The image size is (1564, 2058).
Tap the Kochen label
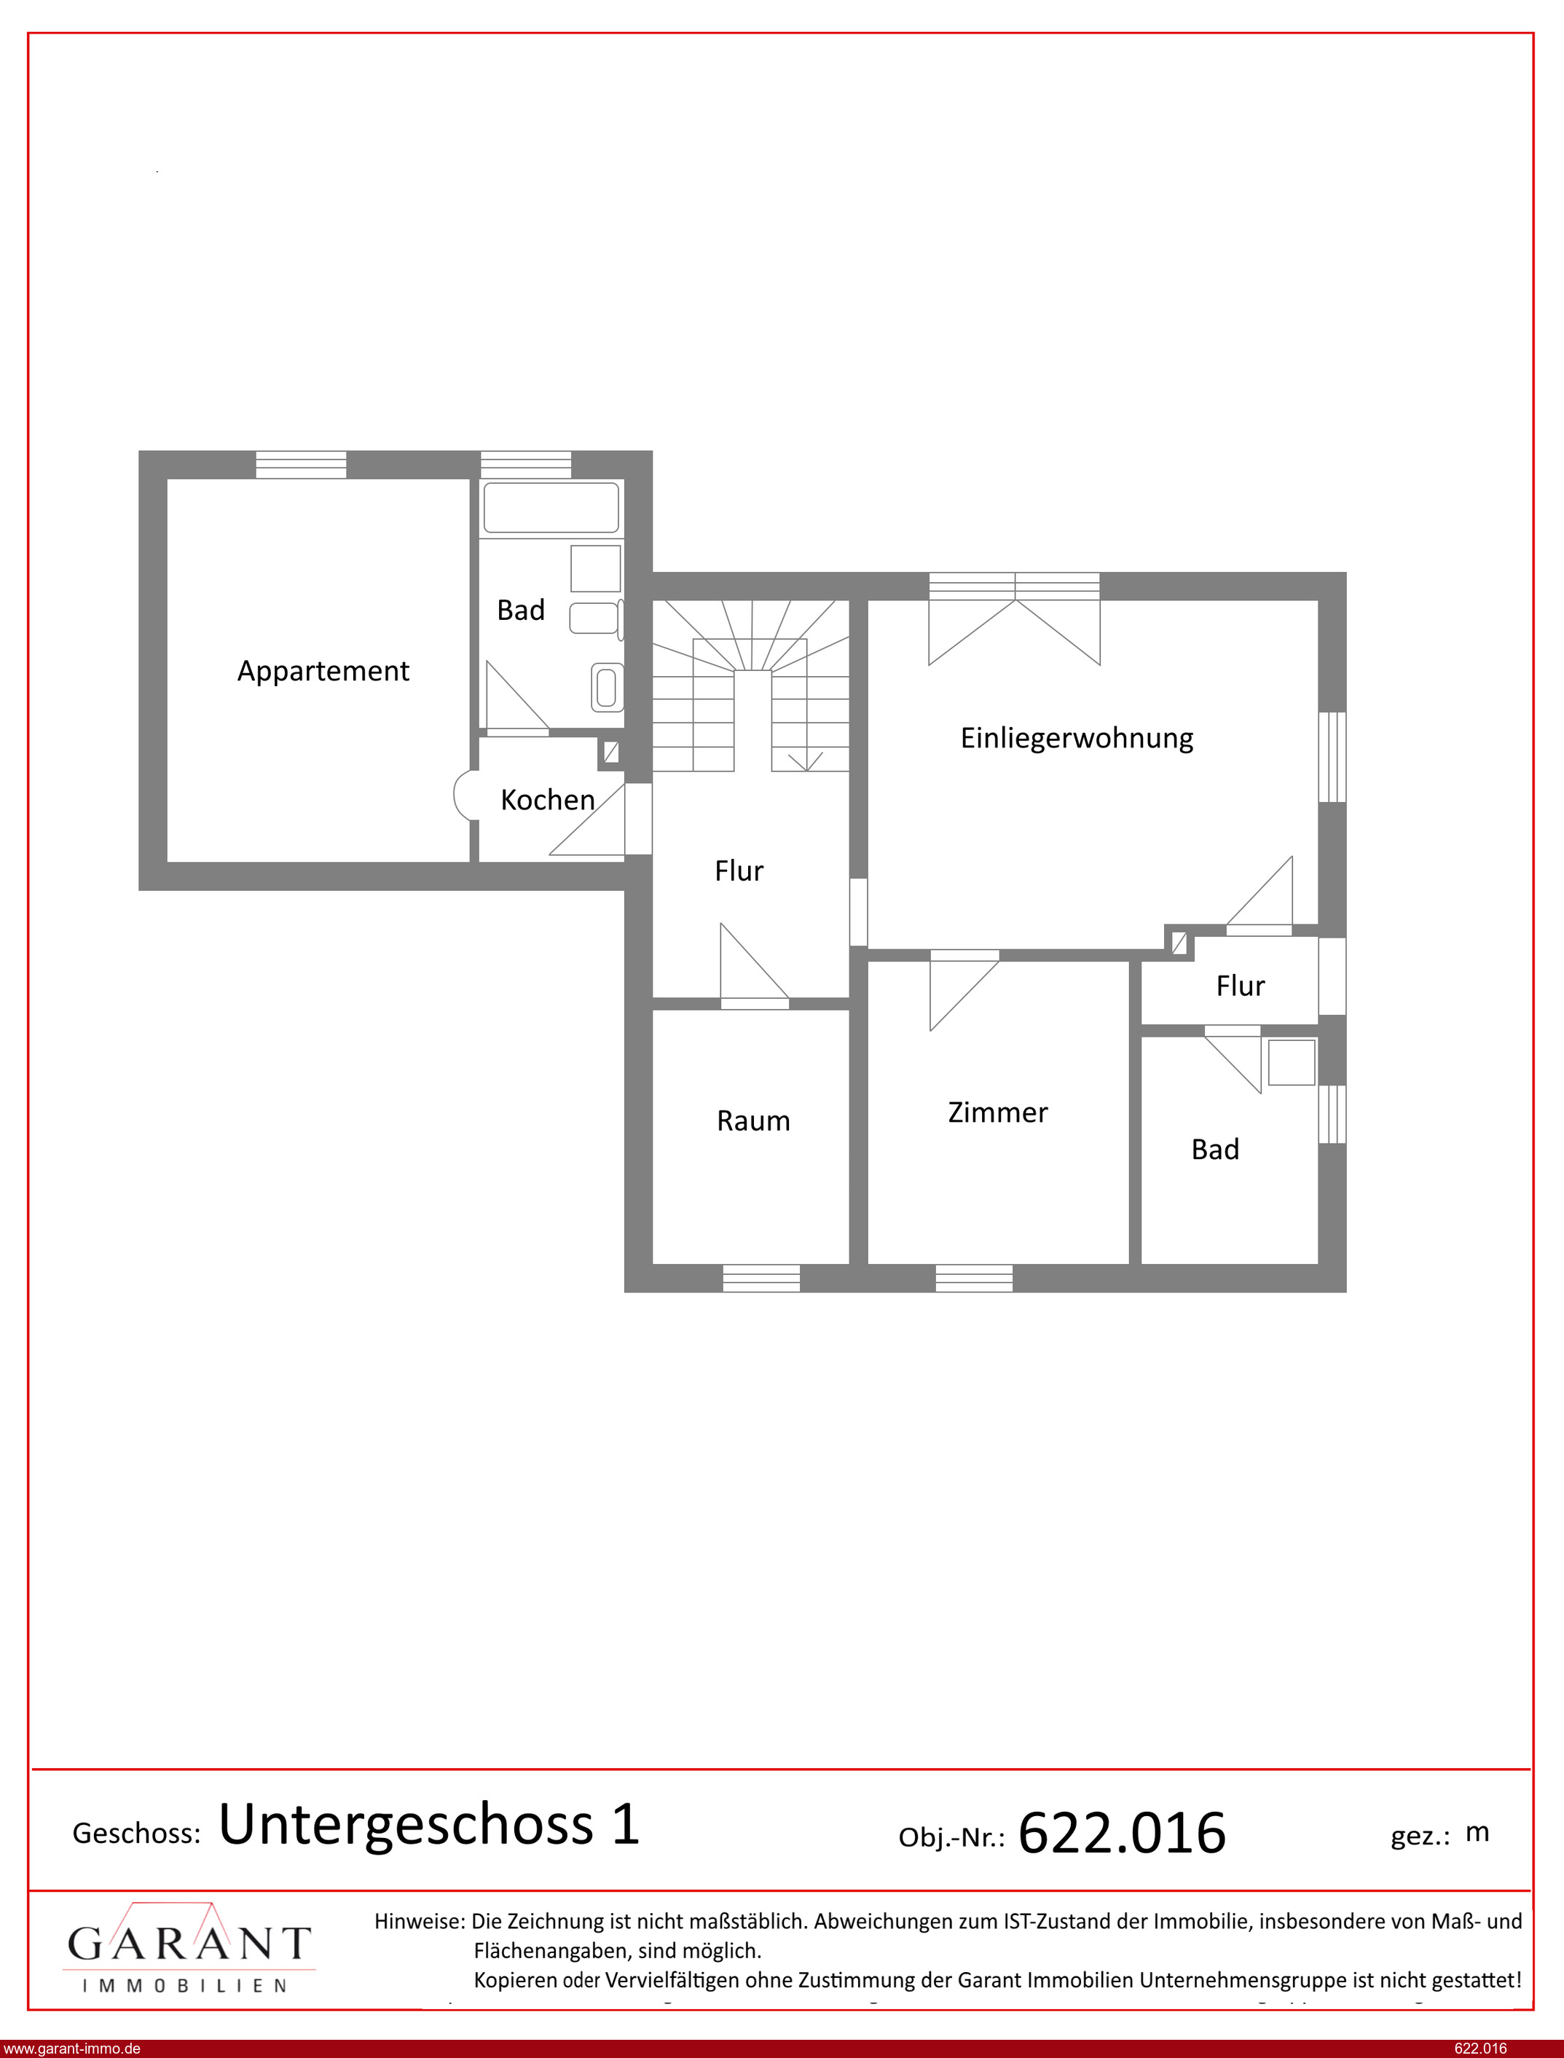547,800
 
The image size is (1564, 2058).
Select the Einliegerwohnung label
1077,738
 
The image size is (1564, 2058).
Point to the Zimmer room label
998,1112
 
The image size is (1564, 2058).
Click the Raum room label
753,1120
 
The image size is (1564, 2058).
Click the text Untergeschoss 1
429,1824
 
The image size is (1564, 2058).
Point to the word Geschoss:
137,1834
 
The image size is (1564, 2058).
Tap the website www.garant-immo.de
71,2049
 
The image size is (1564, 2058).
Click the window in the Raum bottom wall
761,1278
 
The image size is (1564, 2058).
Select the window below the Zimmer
974,1278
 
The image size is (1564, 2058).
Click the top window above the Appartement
301,465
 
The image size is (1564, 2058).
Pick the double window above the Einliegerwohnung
1015,586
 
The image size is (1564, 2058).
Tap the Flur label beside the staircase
739,871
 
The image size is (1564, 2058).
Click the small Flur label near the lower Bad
1240,986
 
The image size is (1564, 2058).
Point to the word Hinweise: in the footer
419,1920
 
